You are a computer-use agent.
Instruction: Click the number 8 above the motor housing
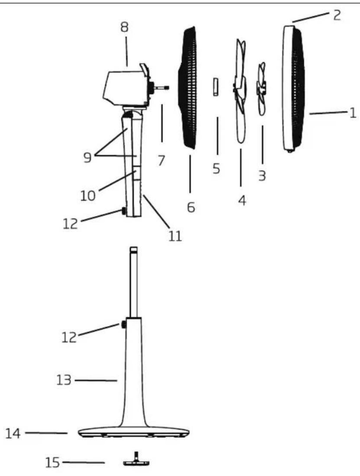(124, 27)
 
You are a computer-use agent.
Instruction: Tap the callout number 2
(337, 15)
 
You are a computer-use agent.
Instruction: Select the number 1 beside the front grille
(353, 113)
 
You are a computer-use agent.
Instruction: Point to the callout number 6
(191, 207)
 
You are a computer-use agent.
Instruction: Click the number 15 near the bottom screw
(53, 463)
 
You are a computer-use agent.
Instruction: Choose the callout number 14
(13, 434)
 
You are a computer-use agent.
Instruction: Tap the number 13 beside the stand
(64, 380)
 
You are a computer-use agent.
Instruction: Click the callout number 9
(87, 157)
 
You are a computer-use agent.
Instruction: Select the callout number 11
(175, 236)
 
